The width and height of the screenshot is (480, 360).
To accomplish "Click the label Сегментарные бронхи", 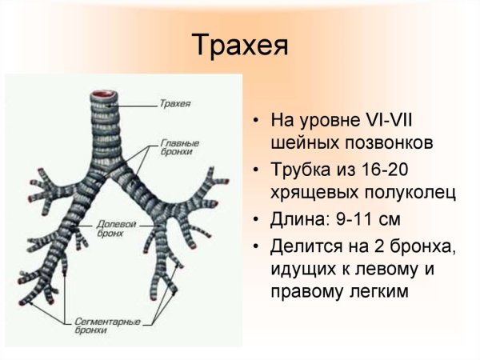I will (107, 325).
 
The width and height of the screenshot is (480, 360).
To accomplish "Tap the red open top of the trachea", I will (105, 94).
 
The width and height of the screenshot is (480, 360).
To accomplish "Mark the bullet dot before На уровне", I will (254, 123).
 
